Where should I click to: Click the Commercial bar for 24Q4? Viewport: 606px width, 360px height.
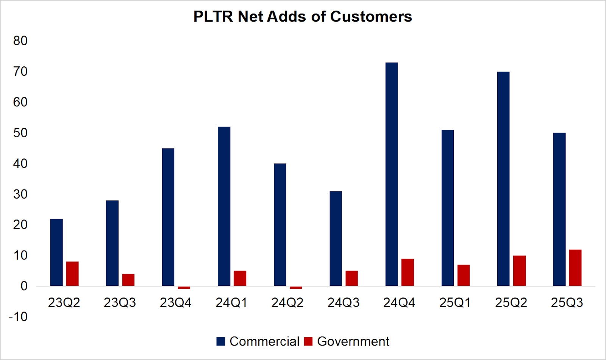point(392,174)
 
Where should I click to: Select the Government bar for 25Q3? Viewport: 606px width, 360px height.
point(575,268)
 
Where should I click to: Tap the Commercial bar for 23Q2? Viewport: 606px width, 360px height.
point(56,252)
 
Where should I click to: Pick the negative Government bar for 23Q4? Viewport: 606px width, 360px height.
point(184,288)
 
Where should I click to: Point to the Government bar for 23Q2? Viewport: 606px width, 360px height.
point(72,274)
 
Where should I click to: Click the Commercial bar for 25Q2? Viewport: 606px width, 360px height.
point(503,179)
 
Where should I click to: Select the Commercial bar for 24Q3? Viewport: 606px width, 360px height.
point(336,239)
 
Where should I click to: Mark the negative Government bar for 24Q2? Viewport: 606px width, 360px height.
point(296,288)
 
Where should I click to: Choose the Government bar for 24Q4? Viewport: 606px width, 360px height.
point(408,272)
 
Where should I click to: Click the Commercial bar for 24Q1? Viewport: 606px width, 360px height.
point(224,207)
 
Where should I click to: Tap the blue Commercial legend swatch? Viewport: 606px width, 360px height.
point(221,341)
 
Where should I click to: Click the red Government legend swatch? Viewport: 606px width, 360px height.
point(308,341)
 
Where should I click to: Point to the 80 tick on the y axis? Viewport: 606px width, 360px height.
point(20,41)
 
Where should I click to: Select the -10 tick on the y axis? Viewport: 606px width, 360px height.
point(18,316)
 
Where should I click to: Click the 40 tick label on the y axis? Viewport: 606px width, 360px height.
point(20,164)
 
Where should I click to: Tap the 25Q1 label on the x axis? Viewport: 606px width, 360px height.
point(455,303)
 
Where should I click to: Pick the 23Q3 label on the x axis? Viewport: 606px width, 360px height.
point(120,303)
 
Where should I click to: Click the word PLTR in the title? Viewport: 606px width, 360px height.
point(213,17)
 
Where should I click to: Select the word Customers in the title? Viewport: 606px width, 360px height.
point(371,17)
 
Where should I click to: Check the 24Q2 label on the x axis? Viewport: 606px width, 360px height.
point(287,303)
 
